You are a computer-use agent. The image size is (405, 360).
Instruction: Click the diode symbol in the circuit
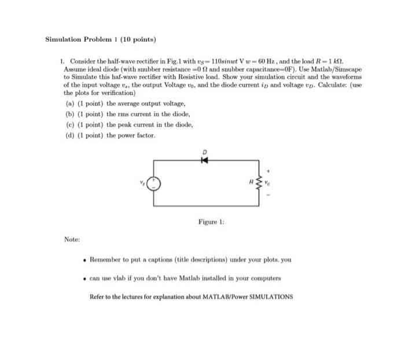click(203, 160)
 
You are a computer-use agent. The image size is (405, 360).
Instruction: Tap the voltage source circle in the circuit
click(154, 185)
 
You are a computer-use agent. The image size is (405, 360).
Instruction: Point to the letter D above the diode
click(204, 152)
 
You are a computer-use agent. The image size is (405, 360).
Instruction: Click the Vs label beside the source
click(141, 182)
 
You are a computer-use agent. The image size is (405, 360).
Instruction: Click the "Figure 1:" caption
click(211, 222)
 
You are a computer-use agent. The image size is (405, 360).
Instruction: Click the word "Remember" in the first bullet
click(108, 259)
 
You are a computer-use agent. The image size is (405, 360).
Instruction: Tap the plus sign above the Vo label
click(268, 171)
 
